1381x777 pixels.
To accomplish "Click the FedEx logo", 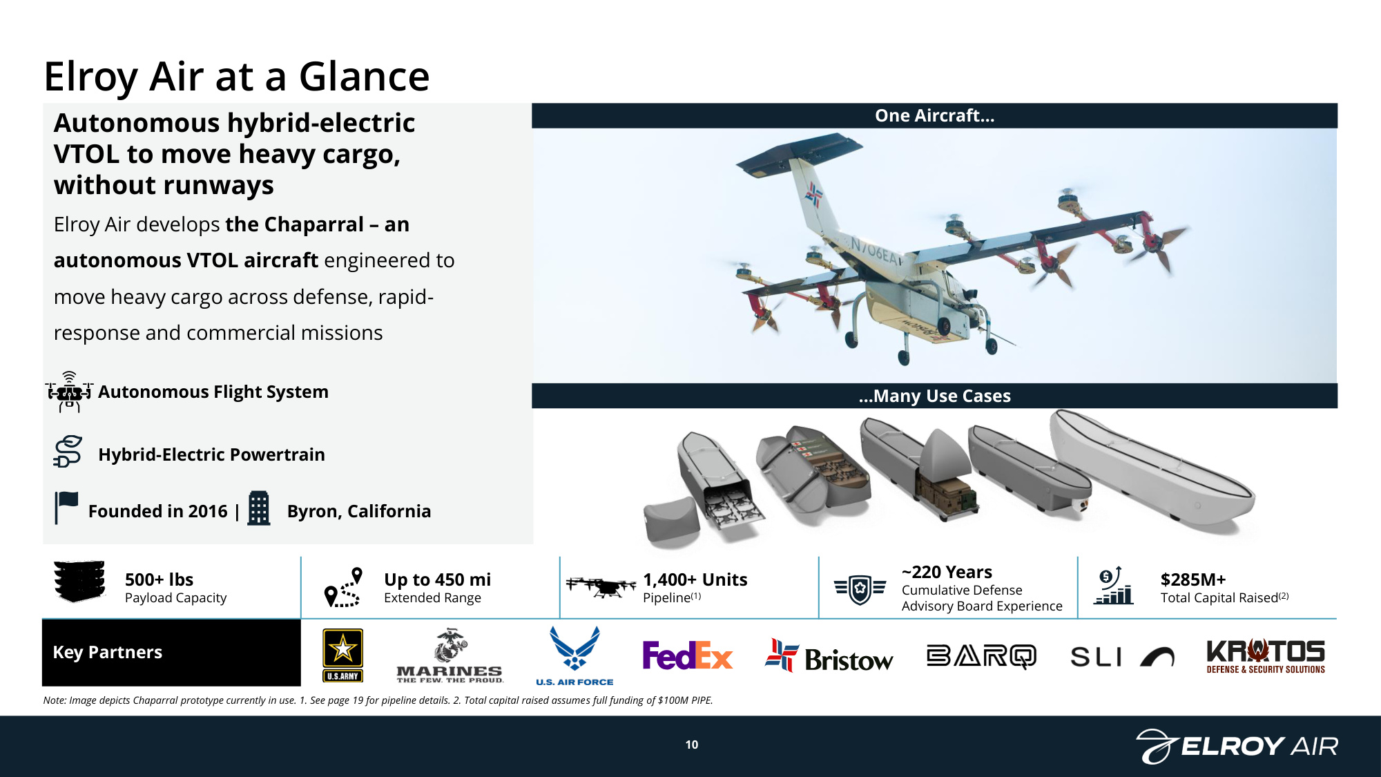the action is point(687,655).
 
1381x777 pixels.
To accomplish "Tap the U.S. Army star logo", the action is point(342,655).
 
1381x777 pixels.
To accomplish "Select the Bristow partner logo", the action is point(829,656).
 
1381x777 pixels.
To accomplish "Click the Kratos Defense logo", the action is point(1266,656).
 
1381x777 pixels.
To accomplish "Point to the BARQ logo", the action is point(981,656).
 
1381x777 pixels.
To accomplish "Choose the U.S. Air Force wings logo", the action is point(574,656).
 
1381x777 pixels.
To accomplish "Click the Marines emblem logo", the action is point(450,655).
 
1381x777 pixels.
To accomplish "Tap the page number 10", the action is point(692,745).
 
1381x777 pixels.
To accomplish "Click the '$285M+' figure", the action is point(1193,579).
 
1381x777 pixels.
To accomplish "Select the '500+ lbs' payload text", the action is point(159,579).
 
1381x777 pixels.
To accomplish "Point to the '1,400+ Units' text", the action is point(695,579).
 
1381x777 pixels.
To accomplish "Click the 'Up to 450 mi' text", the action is point(437,579).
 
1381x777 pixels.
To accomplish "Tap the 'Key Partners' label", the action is point(108,652).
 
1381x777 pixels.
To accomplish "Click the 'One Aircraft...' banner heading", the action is point(935,115).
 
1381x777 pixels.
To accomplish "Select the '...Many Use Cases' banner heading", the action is point(935,396).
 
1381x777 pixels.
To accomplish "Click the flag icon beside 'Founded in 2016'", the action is point(66,508).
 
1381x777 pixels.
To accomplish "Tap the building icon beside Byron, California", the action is point(259,508).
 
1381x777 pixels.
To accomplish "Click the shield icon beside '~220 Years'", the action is point(860,589).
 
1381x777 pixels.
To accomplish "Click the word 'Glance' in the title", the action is point(365,76).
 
